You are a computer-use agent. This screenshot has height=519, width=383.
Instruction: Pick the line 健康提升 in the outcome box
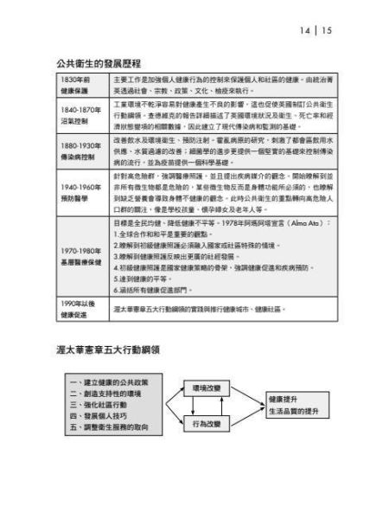click(x=283, y=399)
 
